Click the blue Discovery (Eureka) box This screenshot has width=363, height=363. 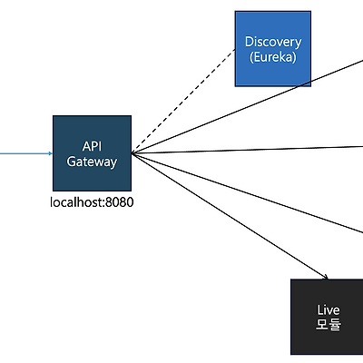coord(273,49)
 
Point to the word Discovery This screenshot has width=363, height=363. coord(273,42)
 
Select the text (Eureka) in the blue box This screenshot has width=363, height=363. coord(273,57)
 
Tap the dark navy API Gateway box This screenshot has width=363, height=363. coord(92,153)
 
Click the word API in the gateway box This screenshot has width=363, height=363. coord(92,146)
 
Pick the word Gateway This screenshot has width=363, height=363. coord(92,162)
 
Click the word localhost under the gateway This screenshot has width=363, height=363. coord(77,202)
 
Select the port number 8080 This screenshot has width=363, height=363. coord(120,202)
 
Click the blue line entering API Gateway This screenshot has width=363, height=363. coord(26,153)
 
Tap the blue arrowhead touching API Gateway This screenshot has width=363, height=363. coord(51,153)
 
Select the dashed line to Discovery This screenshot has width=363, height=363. coord(183,101)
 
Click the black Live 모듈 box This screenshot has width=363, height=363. coord(327,317)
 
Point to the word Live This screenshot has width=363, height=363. coord(329,310)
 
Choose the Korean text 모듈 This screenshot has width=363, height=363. coord(329,324)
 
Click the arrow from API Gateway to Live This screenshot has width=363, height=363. coord(230,216)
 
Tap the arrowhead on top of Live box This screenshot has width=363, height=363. coord(326,277)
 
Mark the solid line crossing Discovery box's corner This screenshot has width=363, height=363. coord(248,107)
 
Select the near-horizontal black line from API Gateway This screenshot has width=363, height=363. coord(248,150)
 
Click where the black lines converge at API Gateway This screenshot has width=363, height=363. coord(132,153)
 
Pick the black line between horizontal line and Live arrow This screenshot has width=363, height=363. coord(248,193)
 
